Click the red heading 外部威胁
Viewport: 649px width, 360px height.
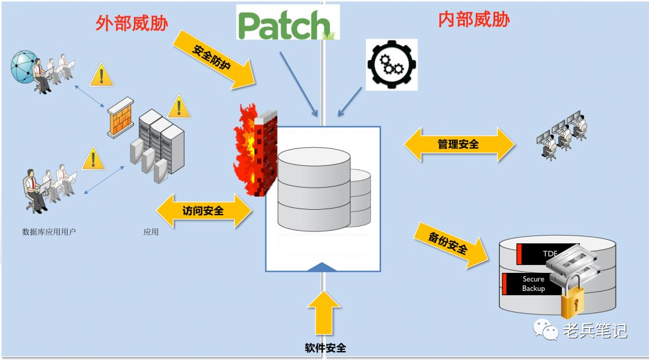tap(132, 23)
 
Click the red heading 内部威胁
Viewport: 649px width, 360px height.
tap(474, 20)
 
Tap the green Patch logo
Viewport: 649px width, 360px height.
tap(288, 23)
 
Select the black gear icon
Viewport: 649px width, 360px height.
tap(391, 65)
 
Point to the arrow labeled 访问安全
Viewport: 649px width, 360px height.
tap(204, 210)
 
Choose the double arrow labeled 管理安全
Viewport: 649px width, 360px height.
tap(459, 144)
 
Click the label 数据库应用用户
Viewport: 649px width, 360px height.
tap(49, 231)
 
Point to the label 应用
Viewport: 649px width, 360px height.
tap(151, 231)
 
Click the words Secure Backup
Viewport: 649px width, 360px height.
tap(533, 284)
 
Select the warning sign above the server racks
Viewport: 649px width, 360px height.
tap(178, 108)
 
